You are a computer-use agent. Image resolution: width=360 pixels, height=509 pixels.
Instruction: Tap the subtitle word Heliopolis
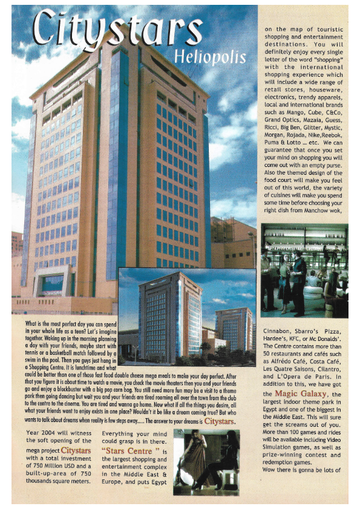coord(210,58)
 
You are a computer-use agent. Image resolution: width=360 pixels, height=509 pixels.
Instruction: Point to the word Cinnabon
coord(280,331)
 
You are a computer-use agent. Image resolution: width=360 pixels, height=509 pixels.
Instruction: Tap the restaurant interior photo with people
coord(304,270)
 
